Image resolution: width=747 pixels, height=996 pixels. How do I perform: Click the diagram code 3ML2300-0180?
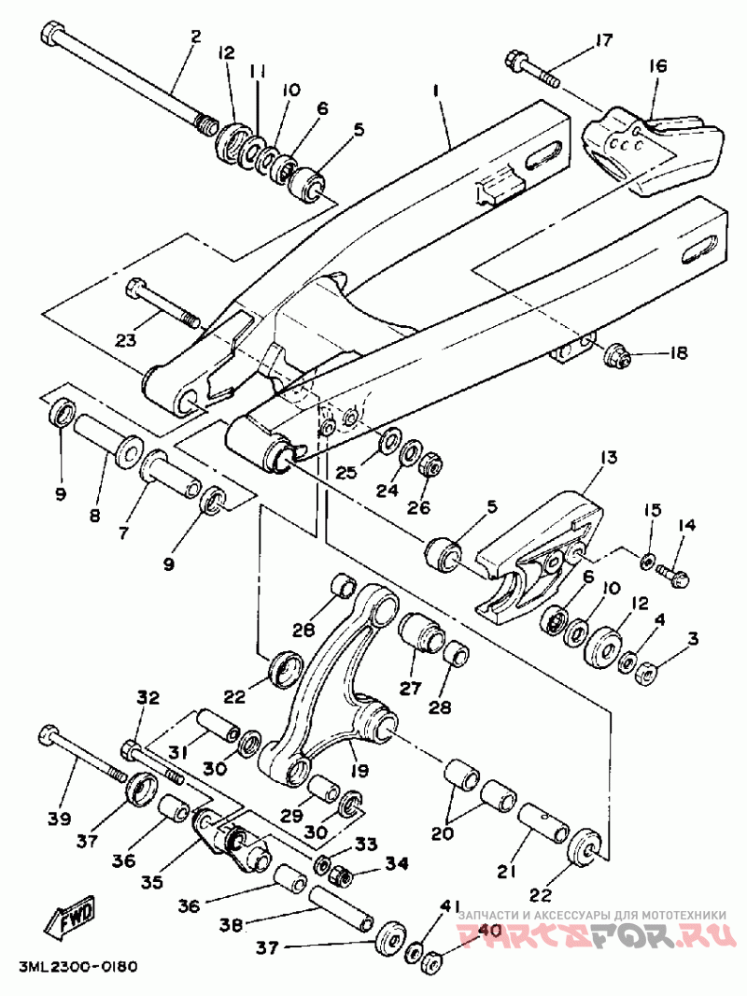coord(78,967)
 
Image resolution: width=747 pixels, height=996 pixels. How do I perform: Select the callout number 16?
coord(658,65)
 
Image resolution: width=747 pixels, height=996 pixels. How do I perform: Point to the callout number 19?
coord(359,771)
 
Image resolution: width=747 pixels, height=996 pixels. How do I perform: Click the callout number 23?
coord(126,340)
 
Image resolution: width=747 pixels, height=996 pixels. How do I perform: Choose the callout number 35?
coord(152,883)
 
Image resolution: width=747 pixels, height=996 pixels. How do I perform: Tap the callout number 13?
coord(610,457)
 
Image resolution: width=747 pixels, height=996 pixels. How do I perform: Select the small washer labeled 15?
coord(645,561)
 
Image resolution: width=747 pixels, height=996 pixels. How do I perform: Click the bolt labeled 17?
coord(532,70)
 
